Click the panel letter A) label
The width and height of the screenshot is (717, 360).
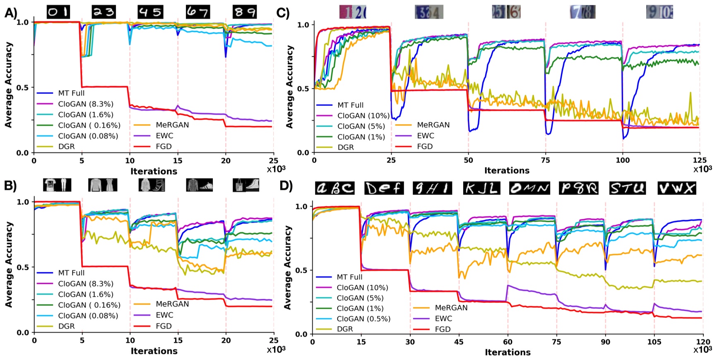(x=11, y=13)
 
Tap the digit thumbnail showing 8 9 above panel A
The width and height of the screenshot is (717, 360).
(x=245, y=12)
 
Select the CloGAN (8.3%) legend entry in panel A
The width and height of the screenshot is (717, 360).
(x=85, y=104)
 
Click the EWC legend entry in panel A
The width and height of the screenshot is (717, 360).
(x=164, y=136)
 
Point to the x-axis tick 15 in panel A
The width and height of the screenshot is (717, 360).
(x=178, y=161)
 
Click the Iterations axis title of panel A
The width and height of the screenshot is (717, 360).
(x=154, y=171)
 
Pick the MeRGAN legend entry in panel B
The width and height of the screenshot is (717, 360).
(x=172, y=304)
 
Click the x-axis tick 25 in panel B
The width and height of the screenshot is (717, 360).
(x=273, y=341)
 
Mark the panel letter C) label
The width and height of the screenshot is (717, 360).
(x=283, y=13)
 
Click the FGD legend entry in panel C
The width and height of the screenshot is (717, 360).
(x=425, y=146)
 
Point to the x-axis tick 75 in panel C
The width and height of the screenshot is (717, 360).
(x=546, y=161)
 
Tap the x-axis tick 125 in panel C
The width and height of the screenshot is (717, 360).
(x=700, y=161)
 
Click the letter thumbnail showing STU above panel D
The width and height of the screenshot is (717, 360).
(x=628, y=188)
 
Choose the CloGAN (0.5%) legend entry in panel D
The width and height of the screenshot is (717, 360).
(x=363, y=319)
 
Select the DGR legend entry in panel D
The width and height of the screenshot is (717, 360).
(x=345, y=329)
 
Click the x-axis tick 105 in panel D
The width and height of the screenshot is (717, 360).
(x=654, y=342)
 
